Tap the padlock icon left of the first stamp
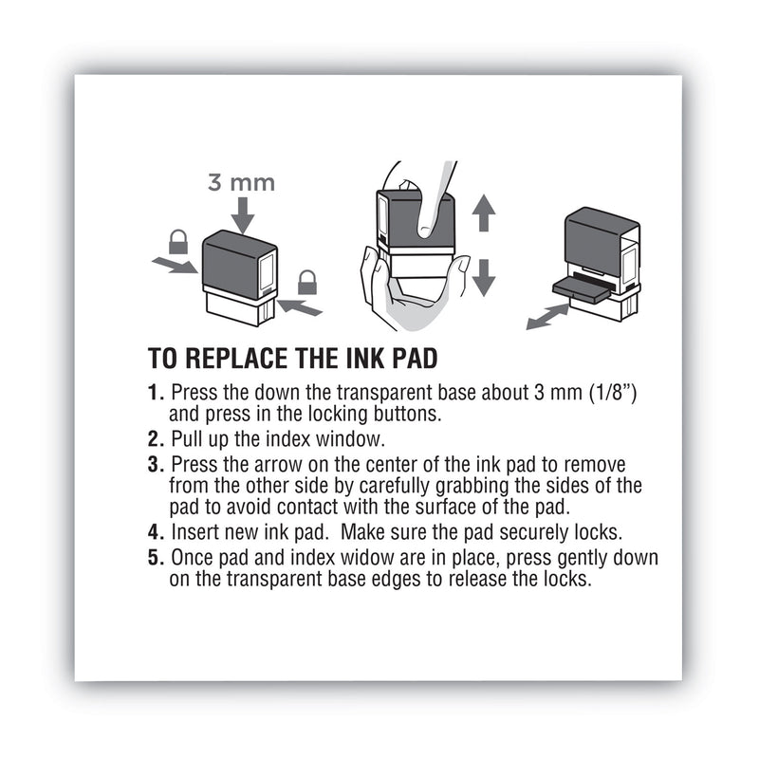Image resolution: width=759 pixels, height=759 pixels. (x=177, y=242)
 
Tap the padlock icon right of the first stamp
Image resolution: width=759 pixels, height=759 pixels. (x=306, y=282)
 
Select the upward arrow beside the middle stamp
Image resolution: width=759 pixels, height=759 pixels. (x=484, y=212)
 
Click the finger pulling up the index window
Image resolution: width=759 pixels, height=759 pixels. (x=432, y=199)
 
